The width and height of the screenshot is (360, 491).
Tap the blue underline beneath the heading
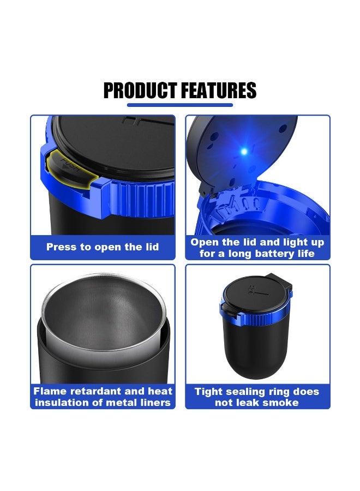[179, 105]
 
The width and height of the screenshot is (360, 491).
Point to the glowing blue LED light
[244, 150]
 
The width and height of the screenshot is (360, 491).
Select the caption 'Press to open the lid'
[103, 247]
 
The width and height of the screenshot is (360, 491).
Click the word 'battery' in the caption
[277, 254]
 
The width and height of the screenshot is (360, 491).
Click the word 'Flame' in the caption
[51, 391]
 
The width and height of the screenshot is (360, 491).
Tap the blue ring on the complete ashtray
[256, 311]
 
